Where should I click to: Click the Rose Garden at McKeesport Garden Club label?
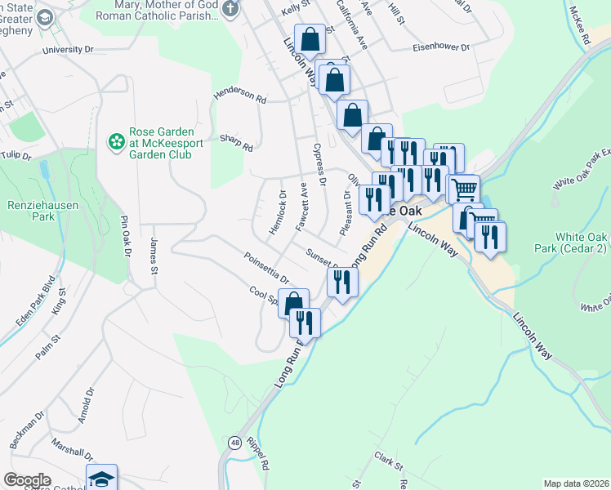161,143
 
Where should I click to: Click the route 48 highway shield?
234,441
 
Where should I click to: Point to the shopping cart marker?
464,189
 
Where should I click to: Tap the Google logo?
27,480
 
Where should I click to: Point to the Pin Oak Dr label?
127,236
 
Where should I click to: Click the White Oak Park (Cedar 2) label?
581,242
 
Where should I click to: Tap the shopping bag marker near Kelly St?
310,39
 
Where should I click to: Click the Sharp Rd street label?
236,144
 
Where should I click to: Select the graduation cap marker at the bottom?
101,479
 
